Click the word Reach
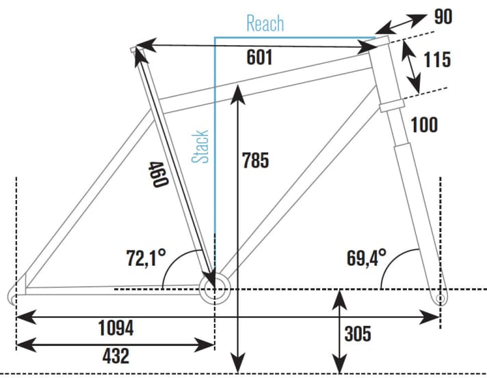coord(265,25)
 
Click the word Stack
coord(201,147)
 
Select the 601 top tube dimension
coord(260,58)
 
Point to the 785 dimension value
coord(256,161)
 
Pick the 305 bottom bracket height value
coord(358,334)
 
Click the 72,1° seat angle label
coord(147,259)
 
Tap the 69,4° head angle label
coord(367,259)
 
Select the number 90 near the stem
coord(443,17)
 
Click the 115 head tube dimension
coord(436,60)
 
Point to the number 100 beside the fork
coord(424,125)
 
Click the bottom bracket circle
coord(213,290)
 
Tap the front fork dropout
coord(440,299)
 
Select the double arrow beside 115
coord(410,66)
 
